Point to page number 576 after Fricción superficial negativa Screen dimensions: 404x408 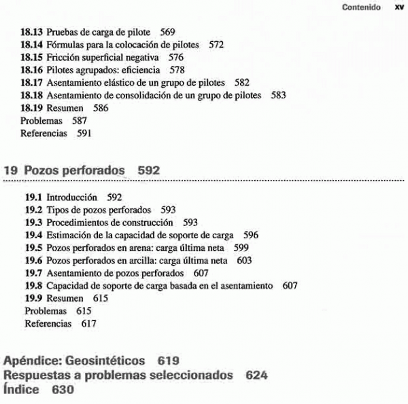click(x=175, y=58)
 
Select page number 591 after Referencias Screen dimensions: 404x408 click(x=84, y=133)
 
